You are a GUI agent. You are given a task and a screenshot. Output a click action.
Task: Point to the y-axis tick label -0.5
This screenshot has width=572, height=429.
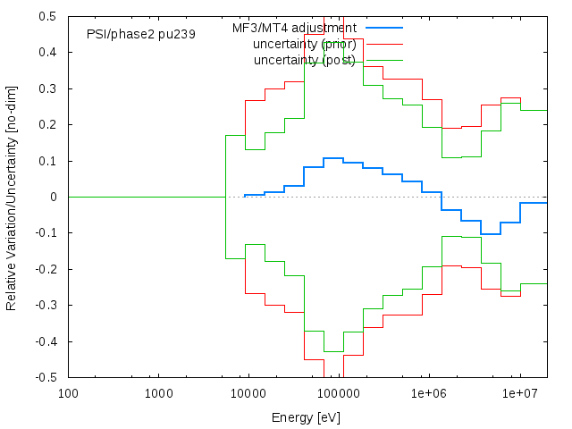click(47, 377)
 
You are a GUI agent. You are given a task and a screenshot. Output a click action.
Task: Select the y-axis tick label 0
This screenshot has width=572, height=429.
click(56, 197)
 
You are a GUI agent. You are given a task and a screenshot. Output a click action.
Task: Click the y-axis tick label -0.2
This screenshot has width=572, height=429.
click(47, 269)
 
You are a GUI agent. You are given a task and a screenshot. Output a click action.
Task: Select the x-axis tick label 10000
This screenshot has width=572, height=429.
click(248, 393)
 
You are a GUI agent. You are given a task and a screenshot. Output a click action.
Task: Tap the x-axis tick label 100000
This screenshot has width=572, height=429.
click(339, 393)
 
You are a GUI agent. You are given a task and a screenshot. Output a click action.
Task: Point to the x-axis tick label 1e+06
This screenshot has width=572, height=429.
click(429, 393)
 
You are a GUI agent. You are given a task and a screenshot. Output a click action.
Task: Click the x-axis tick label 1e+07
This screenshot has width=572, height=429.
click(519, 393)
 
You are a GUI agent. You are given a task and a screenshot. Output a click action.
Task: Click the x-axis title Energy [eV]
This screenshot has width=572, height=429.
click(307, 417)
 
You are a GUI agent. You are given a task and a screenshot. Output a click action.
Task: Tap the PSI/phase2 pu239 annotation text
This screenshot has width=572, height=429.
click(141, 34)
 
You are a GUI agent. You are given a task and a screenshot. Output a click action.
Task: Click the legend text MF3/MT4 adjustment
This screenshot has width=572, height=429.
click(294, 28)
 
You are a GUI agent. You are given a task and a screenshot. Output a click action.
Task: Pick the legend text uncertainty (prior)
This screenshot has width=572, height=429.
click(304, 44)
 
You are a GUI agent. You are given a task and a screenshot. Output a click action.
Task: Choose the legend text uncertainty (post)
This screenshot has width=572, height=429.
click(304, 60)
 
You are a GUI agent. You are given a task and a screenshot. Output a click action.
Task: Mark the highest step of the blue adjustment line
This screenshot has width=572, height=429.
click(332, 158)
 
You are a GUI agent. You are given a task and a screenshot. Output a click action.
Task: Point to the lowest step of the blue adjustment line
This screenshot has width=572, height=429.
click(490, 234)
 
